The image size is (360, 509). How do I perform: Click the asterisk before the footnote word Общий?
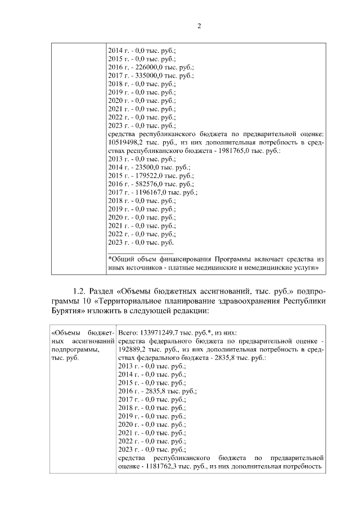pos(110,259)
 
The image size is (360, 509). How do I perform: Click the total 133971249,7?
pos(161,332)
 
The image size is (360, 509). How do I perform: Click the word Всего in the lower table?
pos(128,332)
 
